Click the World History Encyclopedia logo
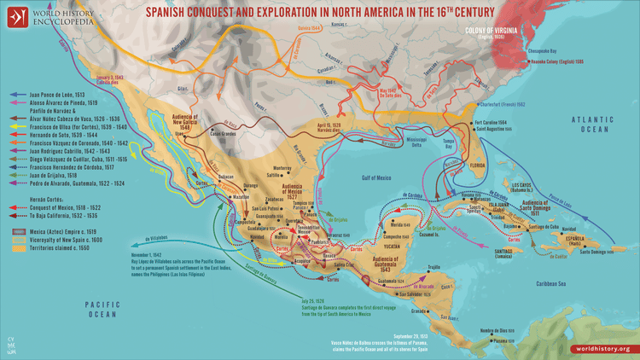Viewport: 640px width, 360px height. [x=51, y=17]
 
